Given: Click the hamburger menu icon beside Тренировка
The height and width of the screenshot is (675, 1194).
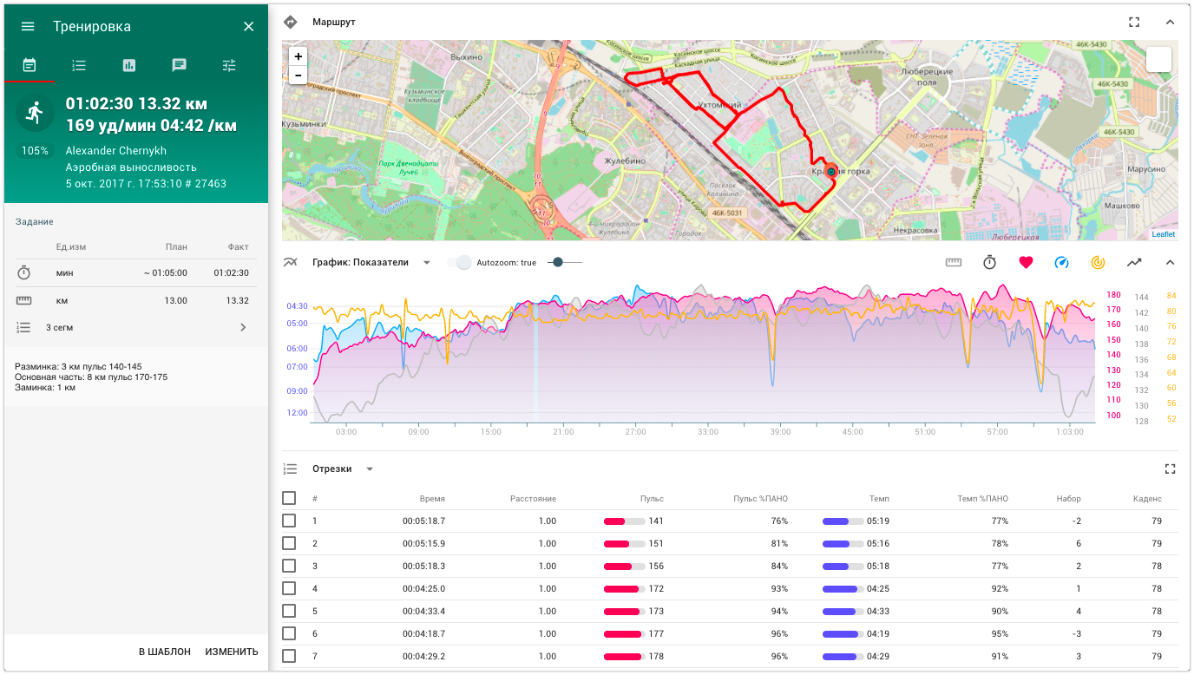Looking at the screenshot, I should (x=28, y=26).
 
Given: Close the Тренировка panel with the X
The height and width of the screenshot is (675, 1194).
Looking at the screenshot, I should (x=249, y=26).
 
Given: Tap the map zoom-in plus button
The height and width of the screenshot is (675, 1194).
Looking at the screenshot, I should (x=298, y=56).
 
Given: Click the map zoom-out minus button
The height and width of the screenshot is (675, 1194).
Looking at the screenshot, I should (x=298, y=75).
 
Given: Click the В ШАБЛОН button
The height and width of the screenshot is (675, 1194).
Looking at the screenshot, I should (x=165, y=652).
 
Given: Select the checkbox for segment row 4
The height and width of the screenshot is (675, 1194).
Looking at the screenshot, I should (x=289, y=588).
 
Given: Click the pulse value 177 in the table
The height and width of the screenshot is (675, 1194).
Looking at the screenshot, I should (x=656, y=633).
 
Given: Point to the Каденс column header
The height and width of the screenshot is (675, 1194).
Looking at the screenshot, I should (x=1147, y=499).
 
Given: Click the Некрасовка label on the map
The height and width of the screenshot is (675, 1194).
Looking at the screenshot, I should (x=915, y=231).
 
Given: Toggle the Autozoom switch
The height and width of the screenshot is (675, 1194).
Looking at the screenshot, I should (x=463, y=262).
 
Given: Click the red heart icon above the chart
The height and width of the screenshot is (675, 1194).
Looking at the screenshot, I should (x=1026, y=262).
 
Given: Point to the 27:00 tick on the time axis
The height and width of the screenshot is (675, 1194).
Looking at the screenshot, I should (x=635, y=431).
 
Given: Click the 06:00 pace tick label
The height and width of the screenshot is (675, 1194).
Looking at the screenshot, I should (x=298, y=349).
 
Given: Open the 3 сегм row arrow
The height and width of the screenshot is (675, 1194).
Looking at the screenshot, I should (x=243, y=327).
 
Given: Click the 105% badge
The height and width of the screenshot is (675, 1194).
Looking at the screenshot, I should (x=36, y=151).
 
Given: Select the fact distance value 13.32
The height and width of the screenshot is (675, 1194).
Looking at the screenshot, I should (x=237, y=300).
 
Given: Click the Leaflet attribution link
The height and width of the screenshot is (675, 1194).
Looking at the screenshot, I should (x=1163, y=234).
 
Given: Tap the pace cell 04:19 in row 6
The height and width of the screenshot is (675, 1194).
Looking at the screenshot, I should (x=877, y=633).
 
